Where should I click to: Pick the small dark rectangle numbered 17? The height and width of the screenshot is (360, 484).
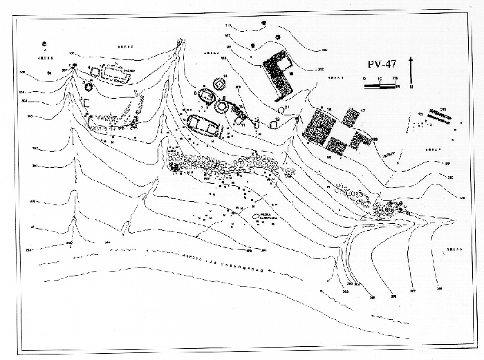pos(351,117)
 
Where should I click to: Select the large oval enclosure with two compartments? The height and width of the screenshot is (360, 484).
pos(204,126)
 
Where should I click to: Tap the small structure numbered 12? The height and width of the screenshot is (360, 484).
pos(257,125)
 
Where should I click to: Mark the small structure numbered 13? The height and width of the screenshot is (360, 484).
pos(274,125)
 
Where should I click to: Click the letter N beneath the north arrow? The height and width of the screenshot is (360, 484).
pos(412,86)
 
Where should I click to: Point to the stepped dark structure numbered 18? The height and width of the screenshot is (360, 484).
pos(359,140)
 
